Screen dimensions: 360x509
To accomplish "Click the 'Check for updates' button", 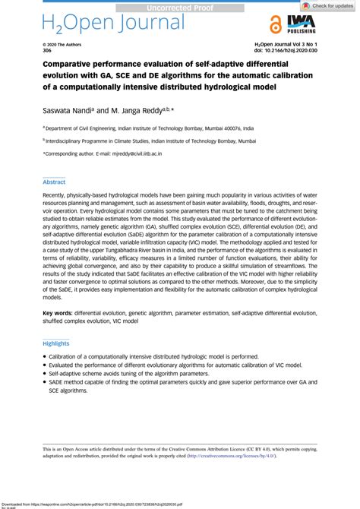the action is (330, 5).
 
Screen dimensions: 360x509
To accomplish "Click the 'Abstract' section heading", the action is (54, 183).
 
